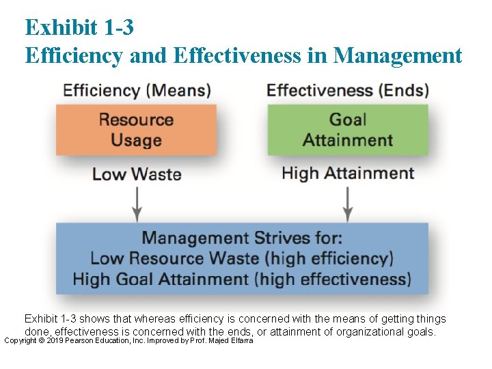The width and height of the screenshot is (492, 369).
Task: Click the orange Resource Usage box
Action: [136, 130]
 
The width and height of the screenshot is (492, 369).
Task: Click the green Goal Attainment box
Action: [348, 130]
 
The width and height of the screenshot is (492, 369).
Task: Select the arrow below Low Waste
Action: [137, 202]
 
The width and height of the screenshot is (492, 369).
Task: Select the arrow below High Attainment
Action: [348, 203]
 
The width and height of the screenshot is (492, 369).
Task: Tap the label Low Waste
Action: [137, 174]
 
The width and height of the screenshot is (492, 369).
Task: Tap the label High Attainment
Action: [348, 174]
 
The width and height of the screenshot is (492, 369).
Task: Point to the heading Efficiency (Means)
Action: [137, 90]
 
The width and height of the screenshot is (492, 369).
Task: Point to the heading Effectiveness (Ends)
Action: [348, 90]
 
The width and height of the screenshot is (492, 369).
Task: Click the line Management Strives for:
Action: [242, 238]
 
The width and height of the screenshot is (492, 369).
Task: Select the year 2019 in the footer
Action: [54, 340]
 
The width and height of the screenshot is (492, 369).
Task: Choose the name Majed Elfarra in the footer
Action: [232, 340]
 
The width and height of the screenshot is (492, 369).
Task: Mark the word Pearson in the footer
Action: [81, 340]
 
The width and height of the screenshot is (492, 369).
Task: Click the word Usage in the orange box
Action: [136, 141]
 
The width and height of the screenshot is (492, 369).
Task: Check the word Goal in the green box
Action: [348, 120]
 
